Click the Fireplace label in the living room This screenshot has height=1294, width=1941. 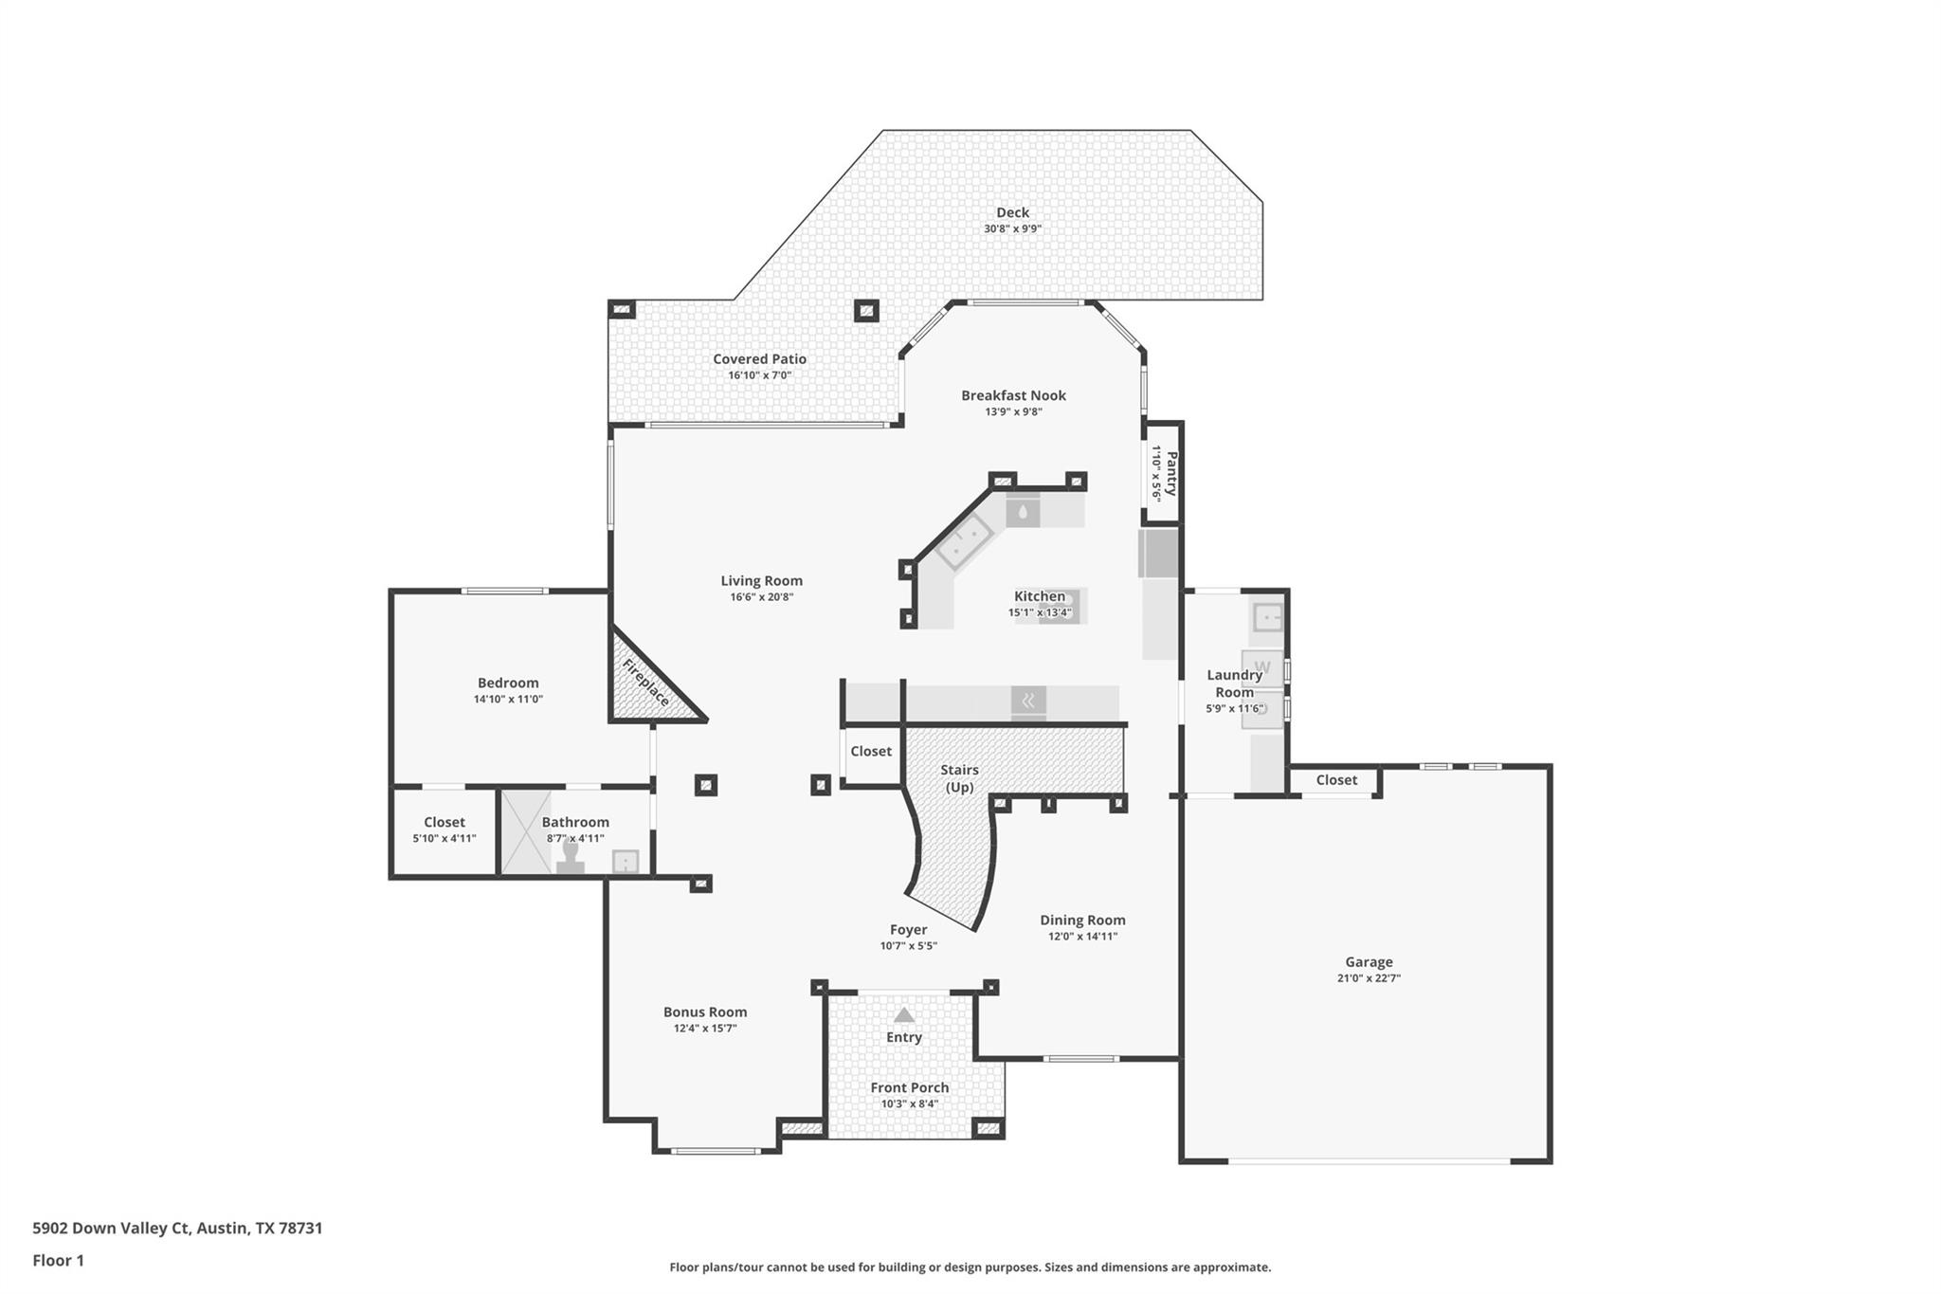pyautogui.click(x=646, y=683)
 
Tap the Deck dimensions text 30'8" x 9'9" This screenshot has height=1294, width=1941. pyautogui.click(x=1012, y=228)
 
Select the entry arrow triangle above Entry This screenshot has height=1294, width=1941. pyautogui.click(x=904, y=1015)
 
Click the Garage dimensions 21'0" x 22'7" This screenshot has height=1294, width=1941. pyautogui.click(x=1369, y=978)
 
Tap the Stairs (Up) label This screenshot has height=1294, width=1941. pyautogui.click(x=959, y=778)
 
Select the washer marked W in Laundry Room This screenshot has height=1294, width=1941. pyautogui.click(x=1261, y=667)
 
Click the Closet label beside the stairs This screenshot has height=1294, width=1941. pyautogui.click(x=870, y=751)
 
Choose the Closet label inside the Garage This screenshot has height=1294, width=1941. pyautogui.click(x=1336, y=779)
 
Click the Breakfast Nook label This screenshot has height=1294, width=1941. pyautogui.click(x=1013, y=395)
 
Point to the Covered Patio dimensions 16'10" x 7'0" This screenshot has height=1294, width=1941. pyautogui.click(x=759, y=375)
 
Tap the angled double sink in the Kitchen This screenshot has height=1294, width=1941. pyautogui.click(x=964, y=544)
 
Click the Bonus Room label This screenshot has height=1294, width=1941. pyautogui.click(x=704, y=1012)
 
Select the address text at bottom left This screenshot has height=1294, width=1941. pyautogui.click(x=177, y=1228)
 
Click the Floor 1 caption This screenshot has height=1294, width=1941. pyautogui.click(x=58, y=1260)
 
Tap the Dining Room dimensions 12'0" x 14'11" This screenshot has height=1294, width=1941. pyautogui.click(x=1082, y=937)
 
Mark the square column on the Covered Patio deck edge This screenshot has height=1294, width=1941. pyautogui.click(x=865, y=310)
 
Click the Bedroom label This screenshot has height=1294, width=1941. pyautogui.click(x=508, y=683)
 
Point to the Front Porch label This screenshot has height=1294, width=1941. pyautogui.click(x=909, y=1087)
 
